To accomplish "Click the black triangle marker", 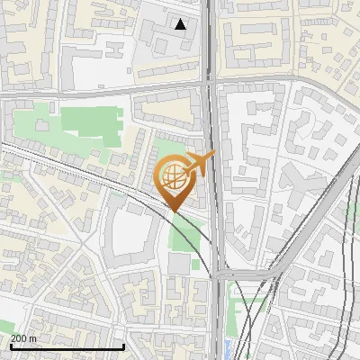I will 181,24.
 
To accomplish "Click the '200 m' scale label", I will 23,338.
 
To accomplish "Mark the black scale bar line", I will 67,346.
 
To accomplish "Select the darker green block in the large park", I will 95,122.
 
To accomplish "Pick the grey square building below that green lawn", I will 179,264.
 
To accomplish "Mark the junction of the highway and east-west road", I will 212,86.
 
